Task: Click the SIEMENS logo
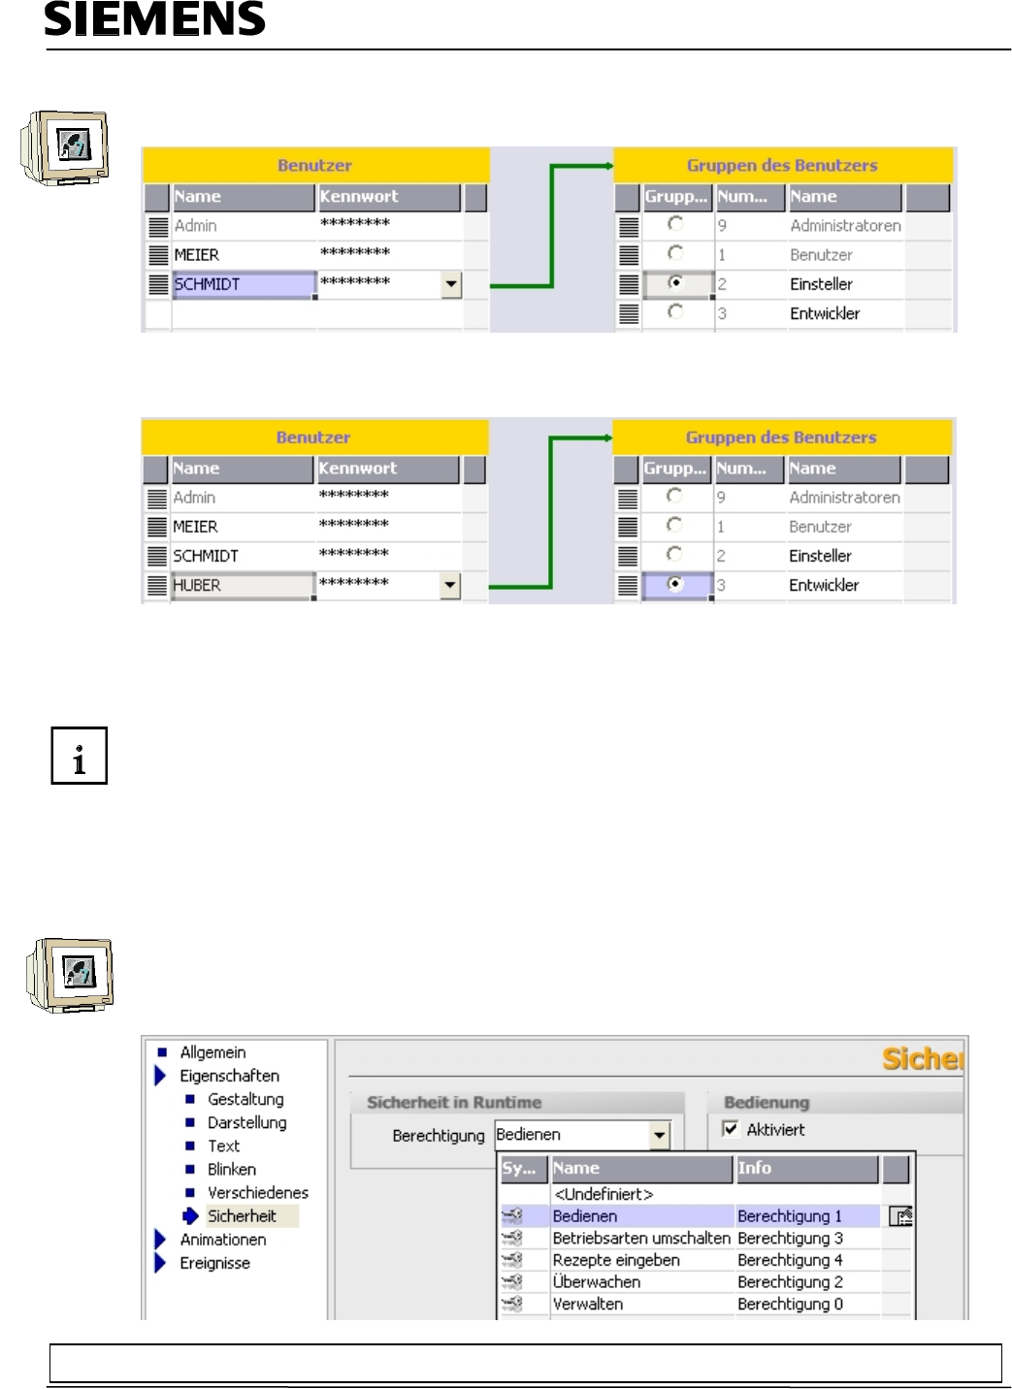point(154,19)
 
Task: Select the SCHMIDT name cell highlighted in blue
point(243,284)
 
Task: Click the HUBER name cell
point(242,585)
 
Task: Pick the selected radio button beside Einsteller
point(676,283)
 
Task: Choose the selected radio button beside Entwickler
point(675,584)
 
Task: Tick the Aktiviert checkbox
point(731,1129)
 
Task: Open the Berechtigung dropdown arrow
point(660,1135)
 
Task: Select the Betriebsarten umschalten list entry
point(640,1239)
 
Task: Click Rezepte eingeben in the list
point(615,1260)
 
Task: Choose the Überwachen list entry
point(596,1282)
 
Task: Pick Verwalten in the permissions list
point(587,1305)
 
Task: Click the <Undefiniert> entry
point(603,1194)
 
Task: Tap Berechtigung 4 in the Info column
point(790,1260)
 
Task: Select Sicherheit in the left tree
point(242,1216)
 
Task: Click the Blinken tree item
point(231,1170)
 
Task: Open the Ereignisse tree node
point(214,1263)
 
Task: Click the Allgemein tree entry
point(212,1052)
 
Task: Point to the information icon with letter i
point(79,756)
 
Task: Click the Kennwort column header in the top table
point(389,197)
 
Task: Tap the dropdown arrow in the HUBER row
point(450,585)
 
